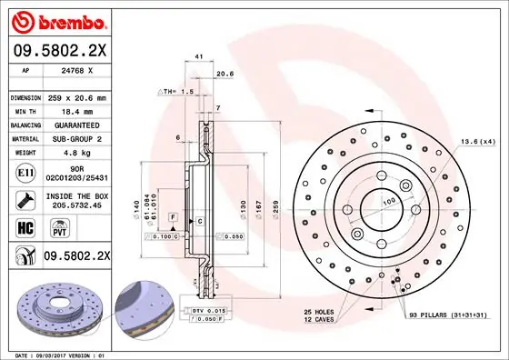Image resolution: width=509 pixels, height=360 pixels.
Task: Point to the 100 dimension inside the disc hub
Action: (390, 200)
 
